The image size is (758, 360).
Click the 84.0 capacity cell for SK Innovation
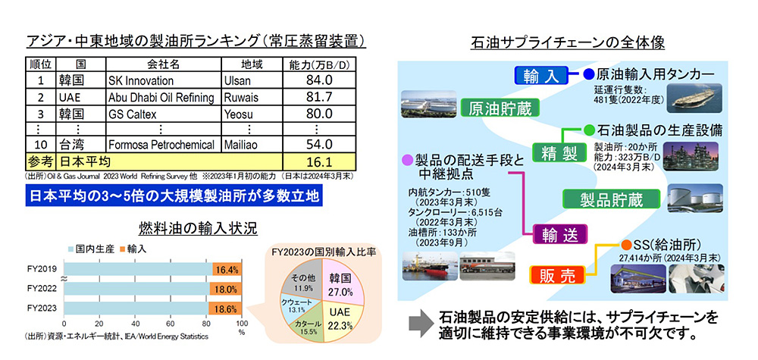(319, 80)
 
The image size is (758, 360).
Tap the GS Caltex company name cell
(164, 114)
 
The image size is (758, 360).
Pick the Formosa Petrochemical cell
(164, 145)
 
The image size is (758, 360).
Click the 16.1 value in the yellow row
(319, 161)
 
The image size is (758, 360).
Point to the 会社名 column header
(164, 64)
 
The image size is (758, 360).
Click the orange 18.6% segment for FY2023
(225, 309)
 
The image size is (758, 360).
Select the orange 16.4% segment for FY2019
(227, 270)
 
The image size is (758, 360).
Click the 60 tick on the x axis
(171, 324)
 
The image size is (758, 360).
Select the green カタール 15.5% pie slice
(307, 327)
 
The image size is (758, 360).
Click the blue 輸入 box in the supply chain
(538, 75)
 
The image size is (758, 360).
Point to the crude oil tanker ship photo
(694, 98)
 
